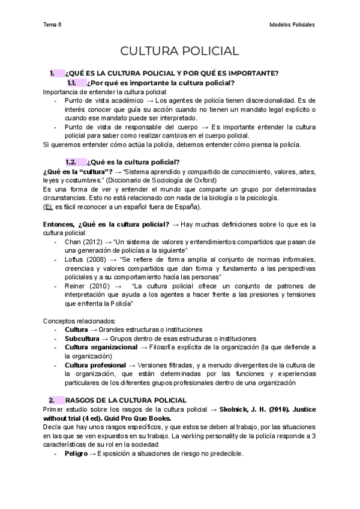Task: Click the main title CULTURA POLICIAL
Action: tap(180, 51)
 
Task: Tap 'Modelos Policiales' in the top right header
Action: tap(292, 25)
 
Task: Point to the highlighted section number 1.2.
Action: tap(71, 162)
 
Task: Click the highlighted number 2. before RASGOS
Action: tap(52, 399)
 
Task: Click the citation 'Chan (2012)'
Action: tap(83, 241)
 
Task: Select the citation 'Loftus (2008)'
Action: tap(86, 259)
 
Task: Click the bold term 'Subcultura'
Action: tap(83, 339)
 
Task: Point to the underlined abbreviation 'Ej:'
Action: tap(48, 207)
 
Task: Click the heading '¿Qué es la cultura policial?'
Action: tap(133, 162)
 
